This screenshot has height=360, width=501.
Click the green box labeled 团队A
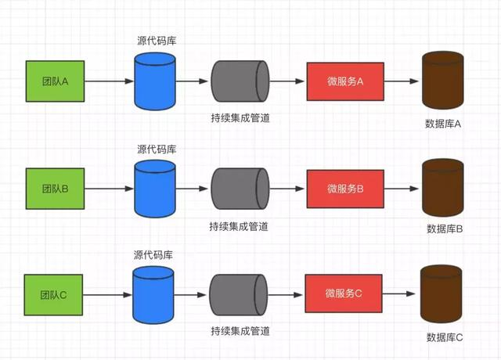(x=55, y=81)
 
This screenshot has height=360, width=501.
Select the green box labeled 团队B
(x=55, y=189)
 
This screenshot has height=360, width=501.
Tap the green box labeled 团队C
(x=52, y=294)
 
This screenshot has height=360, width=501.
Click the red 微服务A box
(x=345, y=81)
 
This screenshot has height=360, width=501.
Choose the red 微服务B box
(x=345, y=189)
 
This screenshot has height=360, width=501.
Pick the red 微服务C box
(x=343, y=294)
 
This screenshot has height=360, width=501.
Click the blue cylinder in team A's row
(x=155, y=80)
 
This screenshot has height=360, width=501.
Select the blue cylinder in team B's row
(x=155, y=188)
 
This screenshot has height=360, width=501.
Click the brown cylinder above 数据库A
(x=442, y=80)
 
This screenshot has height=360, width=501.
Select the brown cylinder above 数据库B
(x=442, y=188)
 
